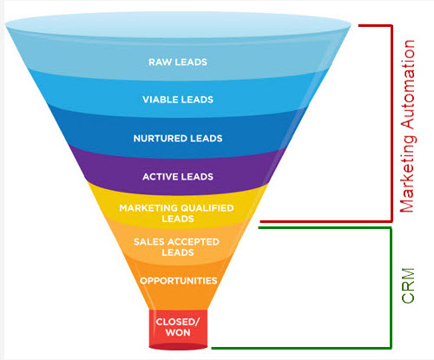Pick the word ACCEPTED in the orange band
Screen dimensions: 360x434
pyautogui.click(x=190, y=242)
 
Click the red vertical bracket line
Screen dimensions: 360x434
pyautogui.click(x=392, y=121)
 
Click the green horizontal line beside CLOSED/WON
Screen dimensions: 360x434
pyautogui.click(x=299, y=348)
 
